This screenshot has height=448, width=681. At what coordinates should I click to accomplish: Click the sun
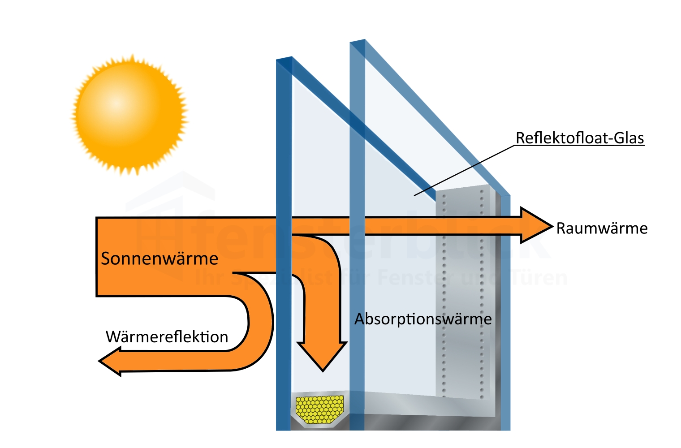129,115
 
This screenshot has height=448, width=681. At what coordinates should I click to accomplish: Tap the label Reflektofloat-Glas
580,138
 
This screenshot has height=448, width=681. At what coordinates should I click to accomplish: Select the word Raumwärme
602,228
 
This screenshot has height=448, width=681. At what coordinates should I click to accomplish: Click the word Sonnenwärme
159,258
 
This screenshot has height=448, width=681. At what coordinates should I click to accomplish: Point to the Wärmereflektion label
167,337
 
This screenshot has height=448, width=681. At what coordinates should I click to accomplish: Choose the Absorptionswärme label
423,319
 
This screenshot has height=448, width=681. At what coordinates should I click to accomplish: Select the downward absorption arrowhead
323,356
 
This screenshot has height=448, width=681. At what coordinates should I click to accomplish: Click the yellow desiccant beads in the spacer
319,409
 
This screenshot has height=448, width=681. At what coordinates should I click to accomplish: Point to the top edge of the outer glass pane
284,60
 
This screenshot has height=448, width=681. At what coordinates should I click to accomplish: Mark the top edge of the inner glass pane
357,43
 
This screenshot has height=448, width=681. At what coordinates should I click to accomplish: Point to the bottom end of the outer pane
283,423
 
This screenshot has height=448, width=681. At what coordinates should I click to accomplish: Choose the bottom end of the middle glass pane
357,423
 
